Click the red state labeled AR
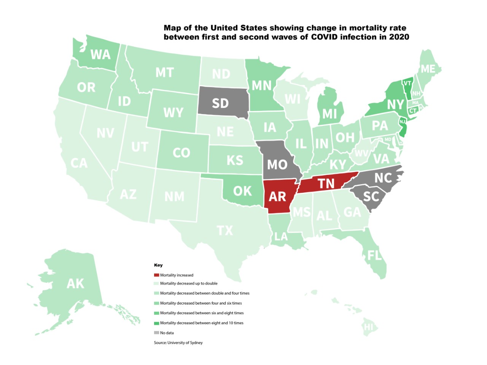277,196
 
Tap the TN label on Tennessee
326,184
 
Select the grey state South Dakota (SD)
220,103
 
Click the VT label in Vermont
407,83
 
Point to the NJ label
402,122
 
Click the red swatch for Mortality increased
156,275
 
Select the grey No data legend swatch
156,333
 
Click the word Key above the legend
158,265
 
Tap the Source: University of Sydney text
178,343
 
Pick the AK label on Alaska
75,284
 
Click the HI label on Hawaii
368,327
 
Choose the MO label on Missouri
277,165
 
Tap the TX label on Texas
225,230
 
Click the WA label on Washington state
100,55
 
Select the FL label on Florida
374,255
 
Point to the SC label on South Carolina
371,196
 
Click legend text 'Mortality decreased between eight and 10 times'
202,323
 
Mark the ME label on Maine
428,69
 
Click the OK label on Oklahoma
242,191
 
